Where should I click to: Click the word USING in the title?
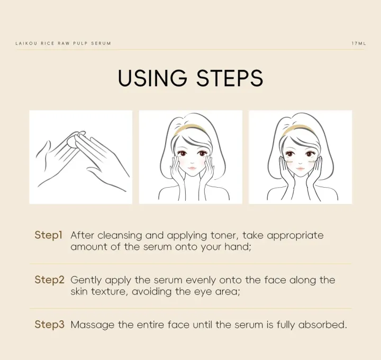[x=152, y=78]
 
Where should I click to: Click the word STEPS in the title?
[x=230, y=78]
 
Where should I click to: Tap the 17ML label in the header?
[x=359, y=43]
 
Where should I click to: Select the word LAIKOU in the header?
[x=26, y=43]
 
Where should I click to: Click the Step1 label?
[x=49, y=235]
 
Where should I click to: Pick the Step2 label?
[x=50, y=280]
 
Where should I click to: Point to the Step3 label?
[x=50, y=324]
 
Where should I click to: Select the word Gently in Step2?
[x=86, y=280]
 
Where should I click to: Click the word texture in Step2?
[x=110, y=292]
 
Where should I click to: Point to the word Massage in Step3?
[x=92, y=325]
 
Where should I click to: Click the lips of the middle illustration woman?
[x=192, y=168]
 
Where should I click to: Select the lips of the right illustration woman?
[x=301, y=168]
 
